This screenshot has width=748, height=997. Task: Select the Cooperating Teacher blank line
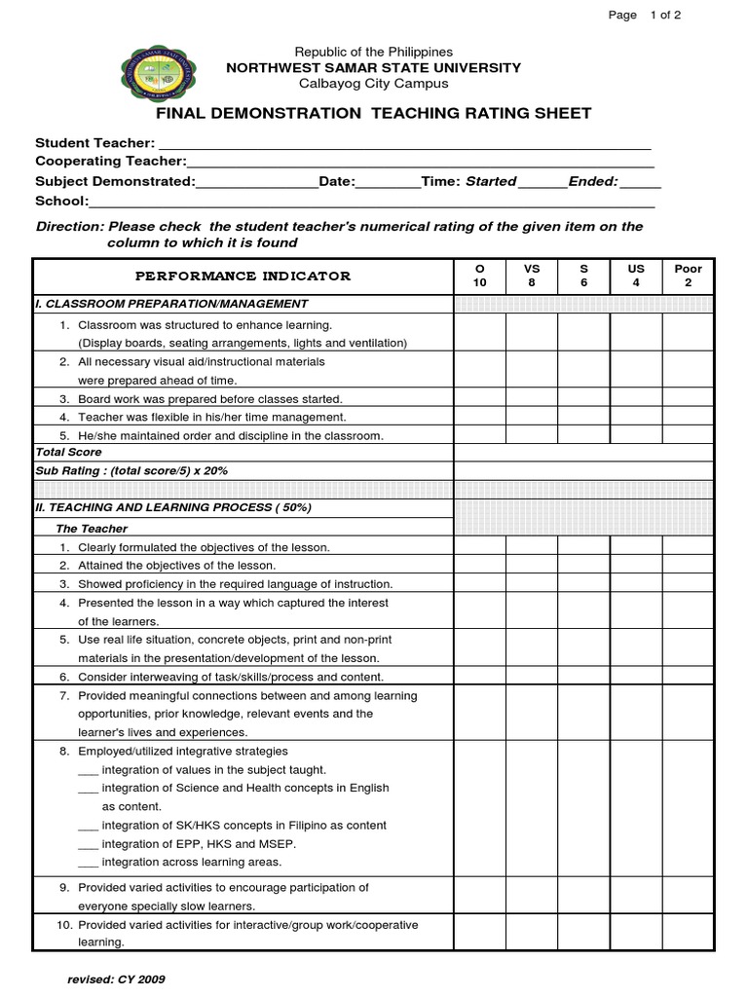(419, 162)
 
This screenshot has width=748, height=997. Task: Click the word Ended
(593, 181)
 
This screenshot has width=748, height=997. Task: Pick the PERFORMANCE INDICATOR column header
(243, 277)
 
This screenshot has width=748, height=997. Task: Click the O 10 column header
(478, 276)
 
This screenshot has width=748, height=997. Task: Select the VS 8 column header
(532, 276)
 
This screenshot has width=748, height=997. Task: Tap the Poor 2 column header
(688, 276)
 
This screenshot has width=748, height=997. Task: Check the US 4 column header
(636, 276)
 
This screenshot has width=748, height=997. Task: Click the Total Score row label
(68, 453)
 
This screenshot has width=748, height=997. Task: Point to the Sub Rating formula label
(131, 471)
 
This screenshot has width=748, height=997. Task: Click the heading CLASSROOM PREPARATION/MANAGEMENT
(171, 304)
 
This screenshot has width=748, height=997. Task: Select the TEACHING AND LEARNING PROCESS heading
(172, 508)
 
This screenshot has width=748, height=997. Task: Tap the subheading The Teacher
(92, 529)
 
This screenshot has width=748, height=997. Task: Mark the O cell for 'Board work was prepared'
(478, 399)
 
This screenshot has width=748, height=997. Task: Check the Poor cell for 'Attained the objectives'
(688, 566)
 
